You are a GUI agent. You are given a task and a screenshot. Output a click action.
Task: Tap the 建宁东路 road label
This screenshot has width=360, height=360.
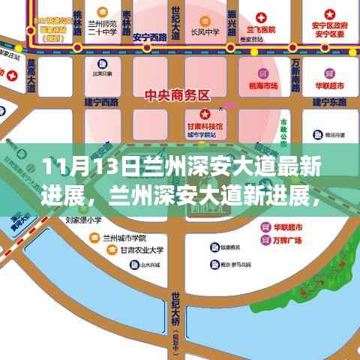coord(328,100)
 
